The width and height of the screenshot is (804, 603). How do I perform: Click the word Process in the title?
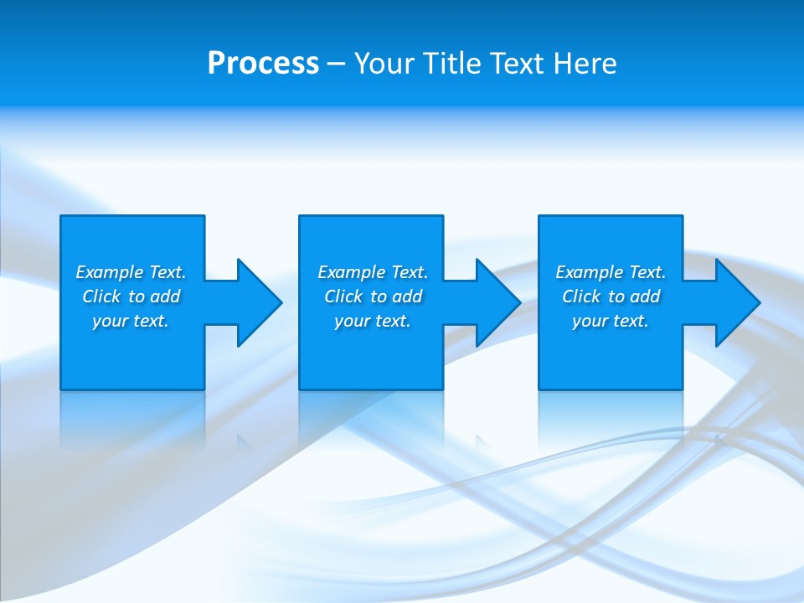(x=263, y=64)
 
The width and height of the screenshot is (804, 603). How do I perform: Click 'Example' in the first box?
(x=110, y=272)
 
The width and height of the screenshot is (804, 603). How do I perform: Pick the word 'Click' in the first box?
(x=101, y=296)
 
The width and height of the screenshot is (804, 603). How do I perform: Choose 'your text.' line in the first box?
(x=131, y=321)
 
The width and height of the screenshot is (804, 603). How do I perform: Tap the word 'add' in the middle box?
(x=407, y=296)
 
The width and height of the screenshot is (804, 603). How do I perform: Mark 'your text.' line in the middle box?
(x=373, y=321)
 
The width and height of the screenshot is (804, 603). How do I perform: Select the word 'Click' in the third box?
(x=581, y=296)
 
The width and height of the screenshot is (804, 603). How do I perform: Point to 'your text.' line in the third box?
(x=611, y=321)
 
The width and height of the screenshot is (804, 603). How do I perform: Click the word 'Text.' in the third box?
(x=647, y=272)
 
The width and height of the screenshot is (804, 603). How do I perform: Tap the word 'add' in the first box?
(x=165, y=296)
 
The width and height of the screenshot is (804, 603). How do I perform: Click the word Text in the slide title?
(x=519, y=64)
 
